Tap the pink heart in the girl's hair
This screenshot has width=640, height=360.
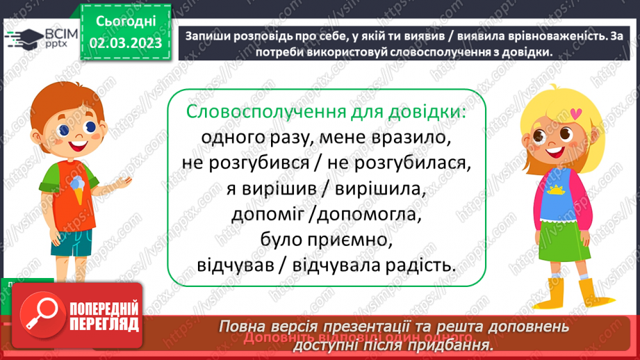pos(575,111)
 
